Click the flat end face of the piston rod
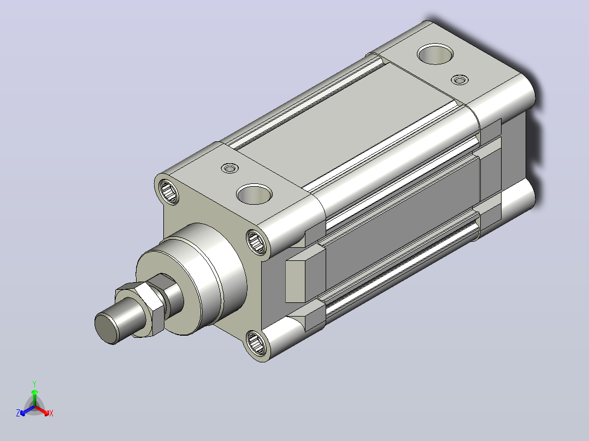[107, 329]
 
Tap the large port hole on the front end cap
[254, 194]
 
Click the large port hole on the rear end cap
[435, 53]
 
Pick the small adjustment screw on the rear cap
[460, 80]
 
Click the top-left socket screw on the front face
[169, 192]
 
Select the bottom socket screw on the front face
[257, 343]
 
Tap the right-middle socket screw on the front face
[257, 242]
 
